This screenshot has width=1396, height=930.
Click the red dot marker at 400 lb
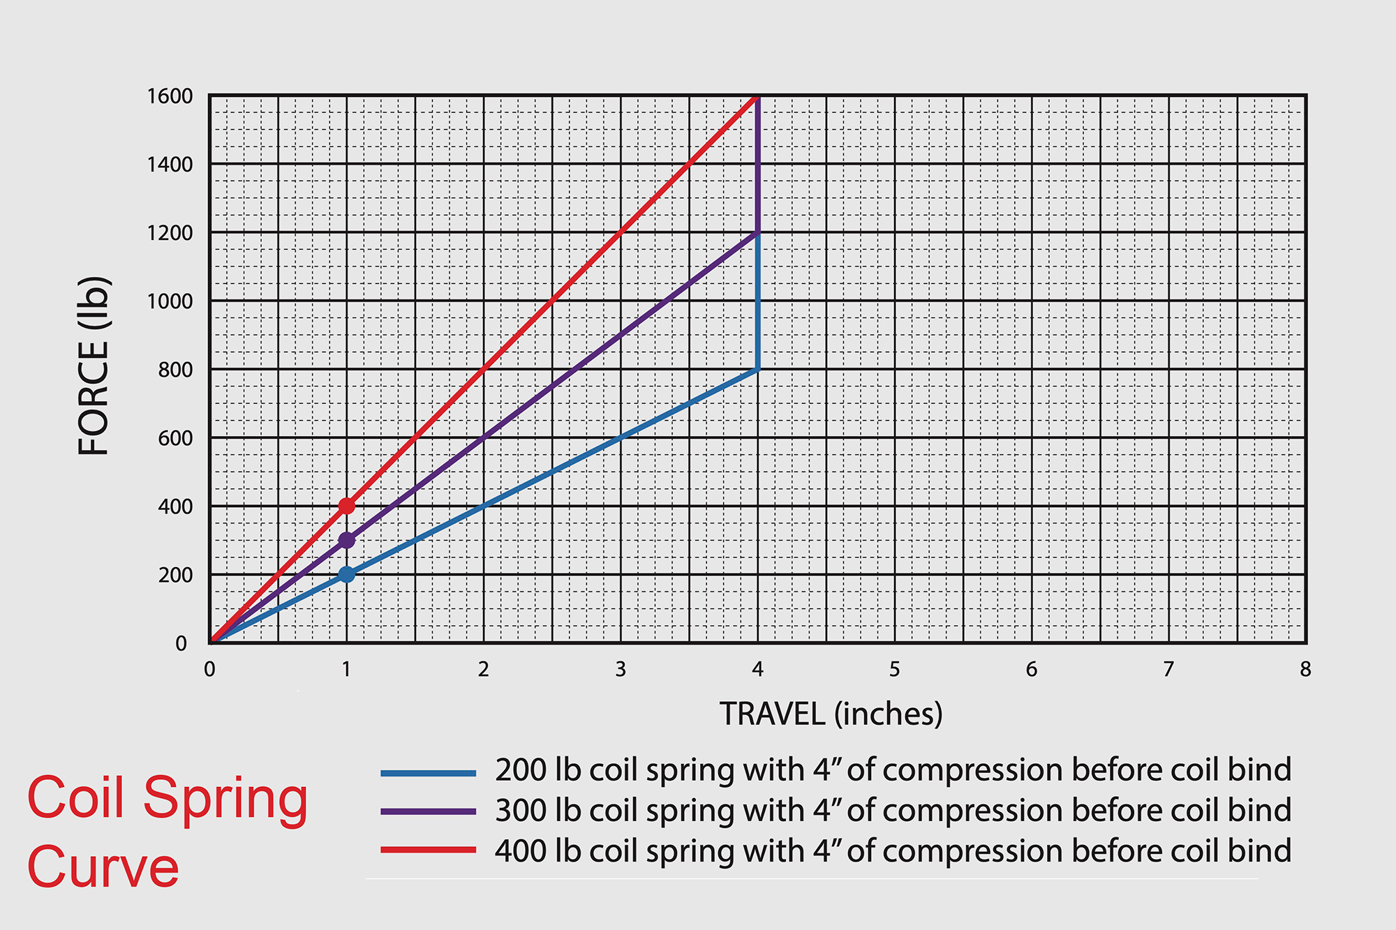346,506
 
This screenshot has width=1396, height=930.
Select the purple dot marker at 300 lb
346,540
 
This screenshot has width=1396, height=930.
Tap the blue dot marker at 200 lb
346,574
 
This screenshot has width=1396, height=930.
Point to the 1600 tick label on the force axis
170,96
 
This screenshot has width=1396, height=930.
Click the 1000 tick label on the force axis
170,301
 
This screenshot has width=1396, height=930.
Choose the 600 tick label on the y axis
175,438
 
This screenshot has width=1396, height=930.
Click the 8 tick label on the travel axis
1305,670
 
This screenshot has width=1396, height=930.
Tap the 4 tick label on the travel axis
757,670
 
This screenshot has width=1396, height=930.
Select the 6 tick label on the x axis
1031,670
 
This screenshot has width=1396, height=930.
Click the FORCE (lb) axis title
94,366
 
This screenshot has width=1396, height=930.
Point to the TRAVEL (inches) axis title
831,714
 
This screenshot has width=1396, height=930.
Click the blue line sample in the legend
428,773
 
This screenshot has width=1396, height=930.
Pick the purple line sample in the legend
428,811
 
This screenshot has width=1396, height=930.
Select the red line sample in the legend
428,850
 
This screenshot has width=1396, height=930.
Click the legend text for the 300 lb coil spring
893,811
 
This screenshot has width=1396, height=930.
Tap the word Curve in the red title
103,867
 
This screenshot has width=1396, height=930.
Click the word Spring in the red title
225,800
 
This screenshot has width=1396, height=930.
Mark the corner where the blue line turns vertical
757,369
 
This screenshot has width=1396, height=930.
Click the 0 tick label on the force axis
181,643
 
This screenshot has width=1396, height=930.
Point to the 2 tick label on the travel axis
483,670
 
